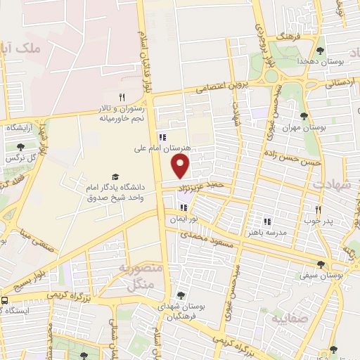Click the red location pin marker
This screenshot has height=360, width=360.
click(x=181, y=167)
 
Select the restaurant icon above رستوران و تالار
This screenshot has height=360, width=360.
click(x=121, y=98)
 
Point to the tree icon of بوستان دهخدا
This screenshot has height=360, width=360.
click(x=321, y=50)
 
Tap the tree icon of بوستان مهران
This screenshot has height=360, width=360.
click(x=304, y=116)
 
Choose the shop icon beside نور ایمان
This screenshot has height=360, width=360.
click(x=184, y=207)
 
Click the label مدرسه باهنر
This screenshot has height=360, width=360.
click(x=266, y=231)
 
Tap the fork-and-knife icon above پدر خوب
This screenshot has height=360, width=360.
click(x=318, y=210)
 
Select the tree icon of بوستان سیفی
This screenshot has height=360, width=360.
click(x=321, y=265)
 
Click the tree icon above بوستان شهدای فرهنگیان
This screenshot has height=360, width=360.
click(x=181, y=295)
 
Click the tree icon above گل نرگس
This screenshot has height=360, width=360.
click(x=19, y=147)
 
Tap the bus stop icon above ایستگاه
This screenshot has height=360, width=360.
click(x=4, y=300)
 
